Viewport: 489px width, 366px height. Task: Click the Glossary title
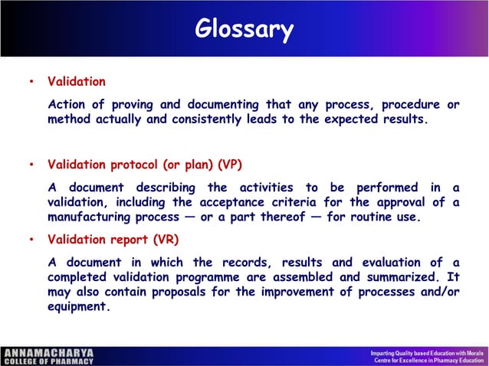pos(244,29)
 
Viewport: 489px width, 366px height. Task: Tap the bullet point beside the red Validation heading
pos(30,82)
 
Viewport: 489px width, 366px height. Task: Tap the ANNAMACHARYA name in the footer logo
pos(48,353)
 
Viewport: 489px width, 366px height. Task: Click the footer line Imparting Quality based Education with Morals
pos(425,352)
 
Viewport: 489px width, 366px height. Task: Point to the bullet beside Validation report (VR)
pos(30,239)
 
